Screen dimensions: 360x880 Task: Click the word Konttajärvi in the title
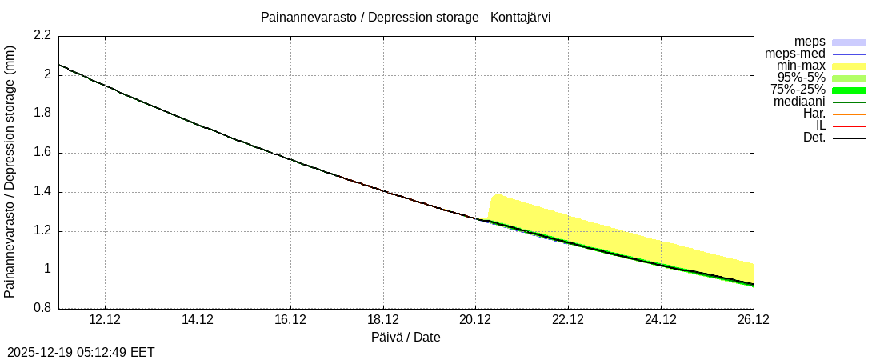[x=521, y=17]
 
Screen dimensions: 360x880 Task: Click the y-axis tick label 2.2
[x=42, y=35]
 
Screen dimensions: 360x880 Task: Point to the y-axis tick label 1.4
[x=42, y=192]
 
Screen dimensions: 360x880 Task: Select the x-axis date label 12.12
[x=105, y=320]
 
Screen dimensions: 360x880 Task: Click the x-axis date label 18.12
[x=383, y=320]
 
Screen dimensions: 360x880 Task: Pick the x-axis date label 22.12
[x=568, y=320]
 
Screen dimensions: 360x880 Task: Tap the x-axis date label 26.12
[x=753, y=320]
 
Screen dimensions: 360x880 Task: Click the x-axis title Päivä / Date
[x=406, y=337]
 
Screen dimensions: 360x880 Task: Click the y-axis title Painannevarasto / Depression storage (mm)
[x=10, y=172]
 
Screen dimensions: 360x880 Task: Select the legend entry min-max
[x=801, y=66]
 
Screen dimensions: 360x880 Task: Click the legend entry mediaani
[x=799, y=102]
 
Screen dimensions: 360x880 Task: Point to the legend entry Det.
[x=814, y=138]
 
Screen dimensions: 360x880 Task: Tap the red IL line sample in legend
[x=849, y=126]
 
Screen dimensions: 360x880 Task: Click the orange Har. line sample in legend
[x=849, y=114]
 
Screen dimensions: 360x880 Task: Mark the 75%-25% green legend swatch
[x=849, y=90]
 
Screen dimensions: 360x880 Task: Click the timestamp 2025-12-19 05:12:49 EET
[x=81, y=352]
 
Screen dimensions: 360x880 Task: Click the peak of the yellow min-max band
[x=497, y=195]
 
